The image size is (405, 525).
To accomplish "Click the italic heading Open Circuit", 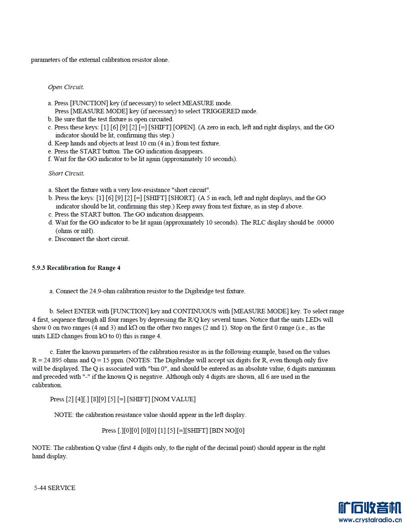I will point(66,87).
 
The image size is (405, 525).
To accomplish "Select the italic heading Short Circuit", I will point(66,174).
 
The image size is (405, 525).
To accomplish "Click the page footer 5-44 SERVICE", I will point(55,488).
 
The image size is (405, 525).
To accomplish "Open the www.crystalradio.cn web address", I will point(370,520).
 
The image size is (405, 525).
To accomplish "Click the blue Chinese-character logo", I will point(370,507).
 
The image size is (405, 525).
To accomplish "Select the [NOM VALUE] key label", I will point(173,399).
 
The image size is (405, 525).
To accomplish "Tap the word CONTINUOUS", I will point(193,311).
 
